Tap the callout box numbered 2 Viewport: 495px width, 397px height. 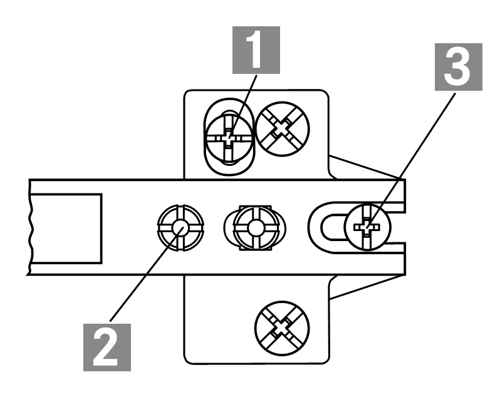pyautogui.click(x=106, y=344)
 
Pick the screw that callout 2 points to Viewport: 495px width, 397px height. pyautogui.click(x=180, y=228)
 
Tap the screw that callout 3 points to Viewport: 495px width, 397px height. pyautogui.click(x=368, y=226)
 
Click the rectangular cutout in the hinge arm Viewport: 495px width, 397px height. pyautogui.click(x=65, y=228)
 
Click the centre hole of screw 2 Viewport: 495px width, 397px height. pyautogui.click(x=180, y=228)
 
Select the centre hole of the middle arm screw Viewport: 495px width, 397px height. pyautogui.click(x=255, y=229)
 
